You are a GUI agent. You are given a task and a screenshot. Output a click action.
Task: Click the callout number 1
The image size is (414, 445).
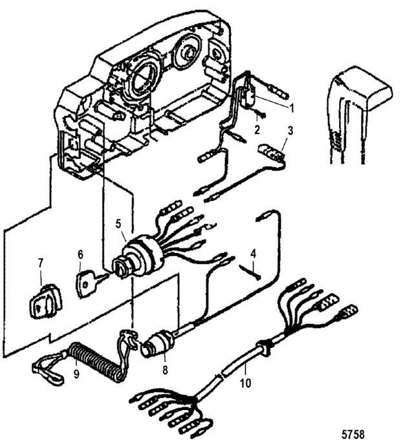[291, 108]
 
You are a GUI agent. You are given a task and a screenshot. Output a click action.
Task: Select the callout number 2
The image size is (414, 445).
[257, 130]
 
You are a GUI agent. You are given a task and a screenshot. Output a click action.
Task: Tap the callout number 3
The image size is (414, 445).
[290, 131]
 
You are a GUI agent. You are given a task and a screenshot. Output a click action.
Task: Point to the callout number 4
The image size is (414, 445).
[253, 254]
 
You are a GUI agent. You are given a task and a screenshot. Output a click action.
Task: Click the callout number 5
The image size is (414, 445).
[118, 224]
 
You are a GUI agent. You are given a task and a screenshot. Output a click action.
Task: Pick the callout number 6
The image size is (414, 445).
[80, 255]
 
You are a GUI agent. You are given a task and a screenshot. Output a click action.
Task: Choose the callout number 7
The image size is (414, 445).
[40, 263]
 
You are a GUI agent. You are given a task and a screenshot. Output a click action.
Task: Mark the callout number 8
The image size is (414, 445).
[165, 370]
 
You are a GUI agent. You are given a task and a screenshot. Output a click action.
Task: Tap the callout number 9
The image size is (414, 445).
[76, 374]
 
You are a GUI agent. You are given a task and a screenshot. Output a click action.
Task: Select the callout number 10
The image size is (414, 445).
[245, 383]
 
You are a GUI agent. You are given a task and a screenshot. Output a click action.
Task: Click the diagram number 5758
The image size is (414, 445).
[353, 434]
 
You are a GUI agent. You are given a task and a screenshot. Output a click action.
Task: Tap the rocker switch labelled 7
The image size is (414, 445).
[46, 301]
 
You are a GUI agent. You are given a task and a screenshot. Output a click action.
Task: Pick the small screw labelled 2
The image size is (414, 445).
[261, 114]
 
